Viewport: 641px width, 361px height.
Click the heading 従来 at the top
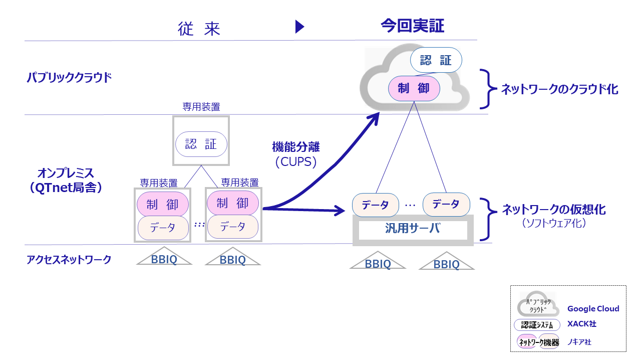[199, 29]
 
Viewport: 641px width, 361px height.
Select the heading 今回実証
[412, 26]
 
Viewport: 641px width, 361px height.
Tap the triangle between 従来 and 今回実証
[299, 27]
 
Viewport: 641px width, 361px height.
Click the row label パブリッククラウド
[69, 78]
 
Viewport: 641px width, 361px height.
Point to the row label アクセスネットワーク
[69, 259]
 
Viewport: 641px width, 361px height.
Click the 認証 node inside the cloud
[436, 61]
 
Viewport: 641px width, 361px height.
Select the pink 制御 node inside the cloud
[414, 89]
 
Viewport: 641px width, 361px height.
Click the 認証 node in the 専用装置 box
[201, 144]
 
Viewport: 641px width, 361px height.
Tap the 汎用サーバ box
[413, 230]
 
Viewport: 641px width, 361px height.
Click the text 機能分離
[295, 147]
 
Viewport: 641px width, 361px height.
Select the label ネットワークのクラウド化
[559, 89]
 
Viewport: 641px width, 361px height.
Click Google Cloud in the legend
[593, 309]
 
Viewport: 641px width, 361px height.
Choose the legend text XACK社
[581, 324]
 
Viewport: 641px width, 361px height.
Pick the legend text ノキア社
[579, 342]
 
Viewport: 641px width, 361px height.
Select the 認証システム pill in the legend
[537, 324]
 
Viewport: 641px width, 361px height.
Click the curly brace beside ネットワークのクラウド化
[485, 89]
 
